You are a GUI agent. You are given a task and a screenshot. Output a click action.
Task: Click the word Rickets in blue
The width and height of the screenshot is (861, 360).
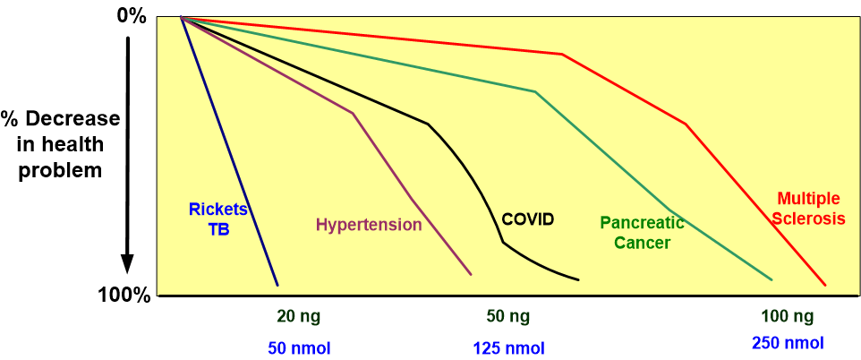[217, 210]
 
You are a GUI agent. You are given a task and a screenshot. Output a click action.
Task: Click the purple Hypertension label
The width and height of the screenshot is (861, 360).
[368, 225]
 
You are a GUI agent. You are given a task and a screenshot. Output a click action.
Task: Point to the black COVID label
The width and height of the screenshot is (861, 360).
[528, 219]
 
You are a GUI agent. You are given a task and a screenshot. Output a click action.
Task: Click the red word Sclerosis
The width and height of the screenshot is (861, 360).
[809, 218]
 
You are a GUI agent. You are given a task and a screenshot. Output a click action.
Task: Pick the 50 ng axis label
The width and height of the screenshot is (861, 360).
[507, 316]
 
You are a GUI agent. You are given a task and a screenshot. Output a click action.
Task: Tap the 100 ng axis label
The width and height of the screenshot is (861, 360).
[788, 316]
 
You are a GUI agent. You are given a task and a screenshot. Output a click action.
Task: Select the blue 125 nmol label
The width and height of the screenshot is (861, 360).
[507, 347]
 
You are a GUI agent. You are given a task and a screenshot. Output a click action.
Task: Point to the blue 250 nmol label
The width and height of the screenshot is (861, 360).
[788, 342]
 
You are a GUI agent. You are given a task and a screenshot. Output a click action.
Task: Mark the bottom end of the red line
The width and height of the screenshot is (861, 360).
[824, 285]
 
